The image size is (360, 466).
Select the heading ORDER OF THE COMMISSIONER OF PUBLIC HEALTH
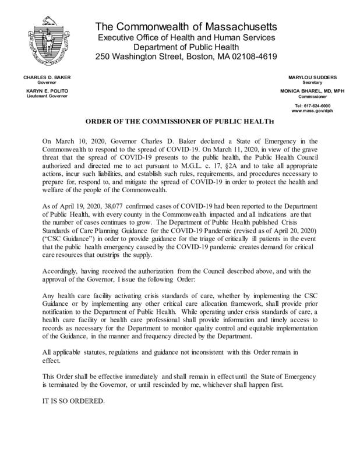(180, 124)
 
